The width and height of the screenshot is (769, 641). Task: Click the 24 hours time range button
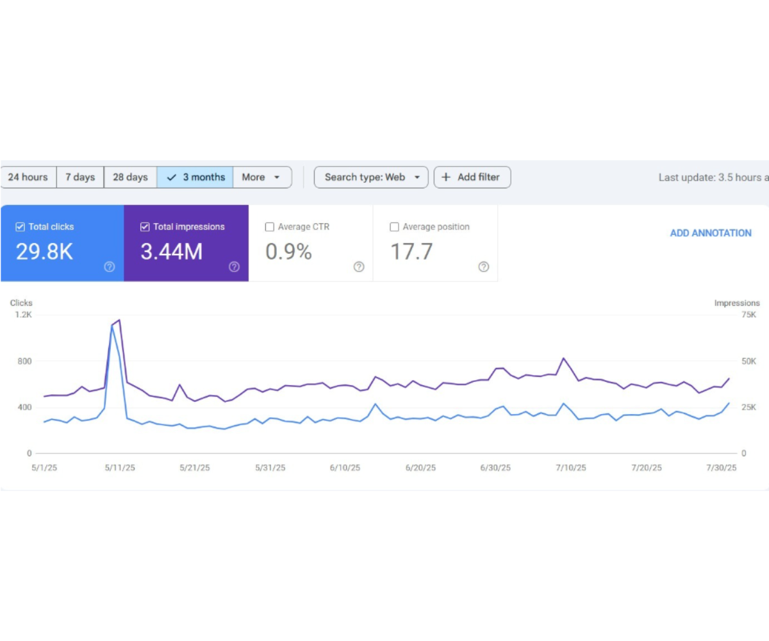[x=28, y=177]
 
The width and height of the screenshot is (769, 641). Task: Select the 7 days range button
[x=80, y=177]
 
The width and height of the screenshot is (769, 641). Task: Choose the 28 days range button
[x=130, y=177]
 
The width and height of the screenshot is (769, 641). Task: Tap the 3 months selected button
[x=195, y=177]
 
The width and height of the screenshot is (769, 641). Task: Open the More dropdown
[x=262, y=177]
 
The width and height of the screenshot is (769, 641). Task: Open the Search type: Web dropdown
[x=371, y=177]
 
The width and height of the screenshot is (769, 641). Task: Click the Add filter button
[x=472, y=177]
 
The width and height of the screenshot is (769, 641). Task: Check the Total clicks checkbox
[x=21, y=227]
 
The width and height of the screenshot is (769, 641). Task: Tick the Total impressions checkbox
[x=145, y=227]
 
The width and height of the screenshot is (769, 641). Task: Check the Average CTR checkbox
[x=270, y=227]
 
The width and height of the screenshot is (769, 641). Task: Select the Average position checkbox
[x=394, y=227]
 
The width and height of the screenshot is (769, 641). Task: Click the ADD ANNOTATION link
[x=711, y=233]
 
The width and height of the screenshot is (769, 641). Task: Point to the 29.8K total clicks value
[x=44, y=252]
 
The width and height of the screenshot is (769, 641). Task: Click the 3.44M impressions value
[x=171, y=252]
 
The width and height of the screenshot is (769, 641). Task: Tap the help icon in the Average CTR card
[x=359, y=267]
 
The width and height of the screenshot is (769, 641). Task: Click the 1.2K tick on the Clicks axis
[x=23, y=315]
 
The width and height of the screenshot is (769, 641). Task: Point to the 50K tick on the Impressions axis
[x=748, y=361]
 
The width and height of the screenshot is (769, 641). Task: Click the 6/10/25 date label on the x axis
[x=345, y=468]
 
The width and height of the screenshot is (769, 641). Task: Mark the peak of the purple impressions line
[x=119, y=320]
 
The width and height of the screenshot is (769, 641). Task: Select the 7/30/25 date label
[x=721, y=468]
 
